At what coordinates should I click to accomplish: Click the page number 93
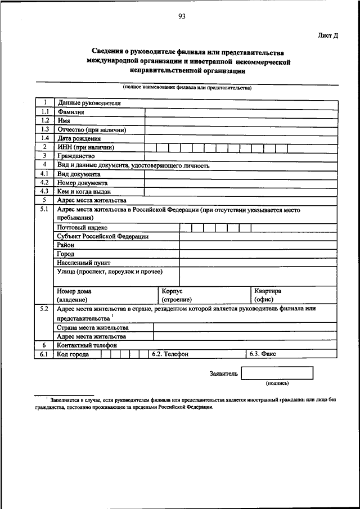[x=182, y=17]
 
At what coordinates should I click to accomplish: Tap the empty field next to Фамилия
[x=241, y=111]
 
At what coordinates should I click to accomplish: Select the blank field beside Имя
[x=241, y=120]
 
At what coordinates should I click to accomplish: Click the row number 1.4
[x=45, y=138]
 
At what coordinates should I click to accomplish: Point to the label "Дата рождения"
[x=79, y=138]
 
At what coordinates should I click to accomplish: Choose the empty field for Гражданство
[x=241, y=155]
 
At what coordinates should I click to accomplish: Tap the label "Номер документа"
[x=82, y=183]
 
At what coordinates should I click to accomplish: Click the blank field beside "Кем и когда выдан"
[x=241, y=191]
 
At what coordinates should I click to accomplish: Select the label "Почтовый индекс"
[x=83, y=227]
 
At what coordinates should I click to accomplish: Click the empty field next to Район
[x=259, y=245]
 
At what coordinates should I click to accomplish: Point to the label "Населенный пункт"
[x=84, y=263]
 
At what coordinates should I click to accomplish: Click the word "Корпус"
[x=172, y=291]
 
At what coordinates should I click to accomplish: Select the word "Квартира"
[x=268, y=291]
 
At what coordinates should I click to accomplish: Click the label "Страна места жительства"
[x=93, y=327]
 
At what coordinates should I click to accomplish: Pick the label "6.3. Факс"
[x=262, y=354]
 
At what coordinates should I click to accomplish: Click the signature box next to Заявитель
[x=277, y=373]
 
